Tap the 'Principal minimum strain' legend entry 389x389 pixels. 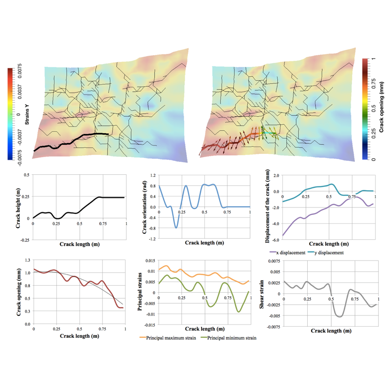click(x=231, y=338)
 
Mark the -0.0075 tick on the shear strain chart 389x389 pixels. click(x=273, y=327)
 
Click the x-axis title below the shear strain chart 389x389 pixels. click(x=329, y=330)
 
